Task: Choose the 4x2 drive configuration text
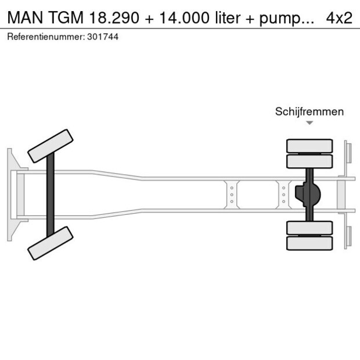pyautogui.click(x=339, y=17)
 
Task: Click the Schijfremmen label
pyautogui.click(x=309, y=111)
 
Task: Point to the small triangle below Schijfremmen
pyautogui.click(x=309, y=123)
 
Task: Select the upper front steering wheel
pyautogui.click(x=51, y=146)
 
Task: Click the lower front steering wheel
pyautogui.click(x=51, y=243)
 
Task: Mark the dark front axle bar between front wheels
pyautogui.click(x=51, y=195)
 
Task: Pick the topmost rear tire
pyautogui.click(x=309, y=145)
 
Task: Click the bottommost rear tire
pyautogui.click(x=309, y=243)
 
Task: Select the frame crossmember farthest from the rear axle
pyautogui.click(x=232, y=195)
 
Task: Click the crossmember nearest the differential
pyautogui.click(x=283, y=195)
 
